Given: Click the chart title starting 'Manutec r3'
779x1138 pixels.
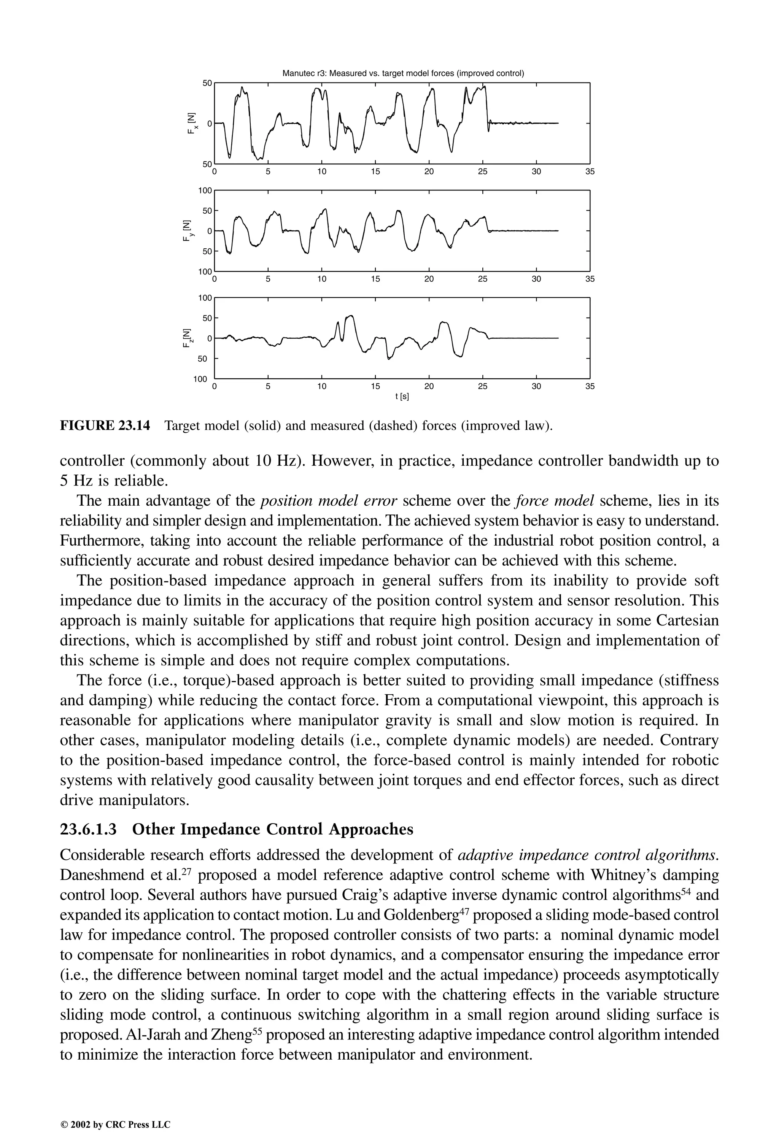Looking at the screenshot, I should pyautogui.click(x=403, y=73).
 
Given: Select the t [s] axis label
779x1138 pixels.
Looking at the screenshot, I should pyautogui.click(x=402, y=397).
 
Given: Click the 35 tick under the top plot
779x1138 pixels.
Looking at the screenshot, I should pyautogui.click(x=590, y=172).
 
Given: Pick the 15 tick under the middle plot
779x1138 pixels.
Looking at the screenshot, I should pyautogui.click(x=375, y=279).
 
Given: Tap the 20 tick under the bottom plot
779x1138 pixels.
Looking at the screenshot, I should pyautogui.click(x=429, y=386).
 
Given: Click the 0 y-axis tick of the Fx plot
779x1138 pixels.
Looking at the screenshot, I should pyautogui.click(x=210, y=124).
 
